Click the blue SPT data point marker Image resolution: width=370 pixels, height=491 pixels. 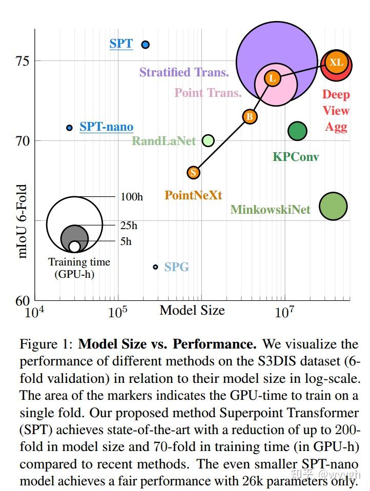(x=145, y=45)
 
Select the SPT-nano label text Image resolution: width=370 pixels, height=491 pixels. (x=106, y=127)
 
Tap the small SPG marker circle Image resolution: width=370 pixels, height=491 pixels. (x=155, y=267)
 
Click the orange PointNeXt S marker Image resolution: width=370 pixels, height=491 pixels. (x=193, y=173)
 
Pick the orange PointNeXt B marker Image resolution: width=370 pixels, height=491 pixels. (x=250, y=117)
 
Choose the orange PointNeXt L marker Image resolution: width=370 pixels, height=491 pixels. (x=272, y=78)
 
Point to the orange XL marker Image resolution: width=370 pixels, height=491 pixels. (x=336, y=63)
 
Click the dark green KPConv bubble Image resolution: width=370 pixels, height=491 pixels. (x=297, y=131)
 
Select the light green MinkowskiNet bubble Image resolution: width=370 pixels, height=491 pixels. (x=333, y=206)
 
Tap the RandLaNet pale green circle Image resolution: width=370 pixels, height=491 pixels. (x=208, y=140)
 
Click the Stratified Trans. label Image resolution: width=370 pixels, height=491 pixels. (x=184, y=72)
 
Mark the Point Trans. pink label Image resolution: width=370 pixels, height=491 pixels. (x=208, y=93)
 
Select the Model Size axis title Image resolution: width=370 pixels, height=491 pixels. (x=192, y=310)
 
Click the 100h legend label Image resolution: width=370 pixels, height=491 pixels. (x=132, y=197)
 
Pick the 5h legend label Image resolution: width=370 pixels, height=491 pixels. (x=126, y=241)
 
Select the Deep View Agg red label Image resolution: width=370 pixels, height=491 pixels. (x=336, y=111)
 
